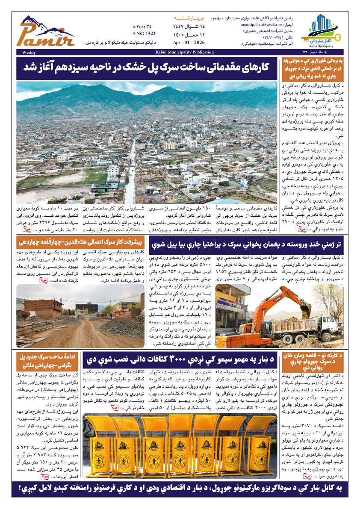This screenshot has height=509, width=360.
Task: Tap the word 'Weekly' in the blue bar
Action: tap(28, 52)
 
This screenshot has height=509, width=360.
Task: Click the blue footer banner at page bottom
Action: tap(180, 488)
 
